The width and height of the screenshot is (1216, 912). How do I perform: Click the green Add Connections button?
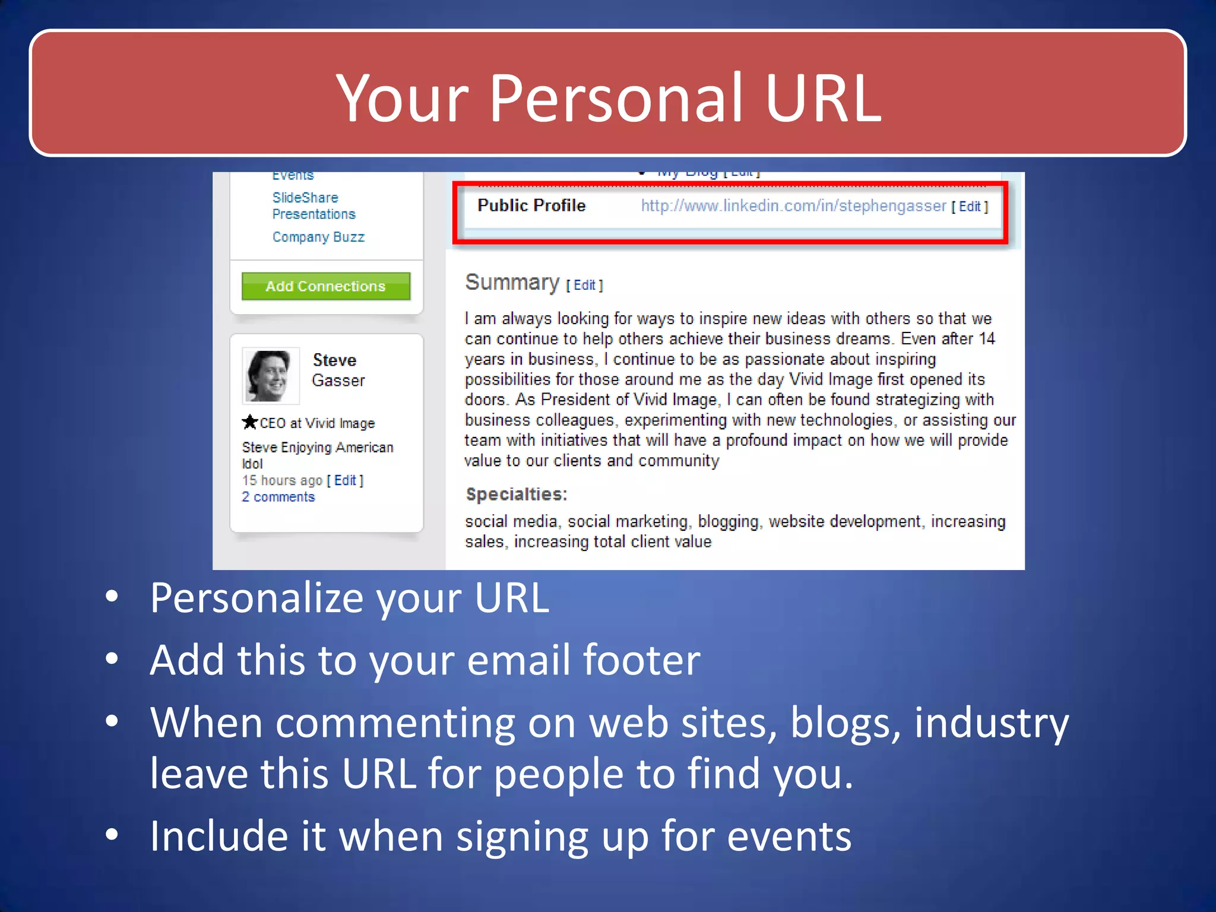(x=325, y=286)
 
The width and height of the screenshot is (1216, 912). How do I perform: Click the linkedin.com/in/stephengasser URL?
(x=793, y=206)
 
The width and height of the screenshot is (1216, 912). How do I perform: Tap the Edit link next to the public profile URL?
(x=970, y=207)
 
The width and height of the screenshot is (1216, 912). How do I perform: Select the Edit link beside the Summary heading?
(x=584, y=285)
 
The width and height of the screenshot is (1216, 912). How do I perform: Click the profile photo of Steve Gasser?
(x=270, y=376)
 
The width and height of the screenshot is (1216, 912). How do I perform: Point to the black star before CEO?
(x=249, y=422)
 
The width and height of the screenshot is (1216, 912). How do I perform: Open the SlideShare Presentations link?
(x=313, y=205)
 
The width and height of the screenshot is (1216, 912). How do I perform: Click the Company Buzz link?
(x=318, y=237)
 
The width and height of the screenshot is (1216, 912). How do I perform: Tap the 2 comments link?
(x=278, y=497)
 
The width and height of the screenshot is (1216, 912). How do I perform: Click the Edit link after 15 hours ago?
(x=345, y=480)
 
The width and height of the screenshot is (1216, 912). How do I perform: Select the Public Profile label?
(x=531, y=205)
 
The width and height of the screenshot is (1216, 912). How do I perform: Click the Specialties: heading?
(x=516, y=494)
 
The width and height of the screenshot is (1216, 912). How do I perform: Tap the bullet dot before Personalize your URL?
(x=112, y=596)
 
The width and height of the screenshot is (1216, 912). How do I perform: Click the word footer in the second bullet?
(x=641, y=660)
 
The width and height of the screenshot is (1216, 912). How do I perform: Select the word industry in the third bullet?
(x=991, y=723)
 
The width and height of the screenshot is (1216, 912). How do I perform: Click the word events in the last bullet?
(x=789, y=836)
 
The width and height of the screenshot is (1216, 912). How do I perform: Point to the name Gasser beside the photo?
(x=338, y=381)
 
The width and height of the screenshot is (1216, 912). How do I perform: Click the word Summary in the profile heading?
(x=512, y=283)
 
